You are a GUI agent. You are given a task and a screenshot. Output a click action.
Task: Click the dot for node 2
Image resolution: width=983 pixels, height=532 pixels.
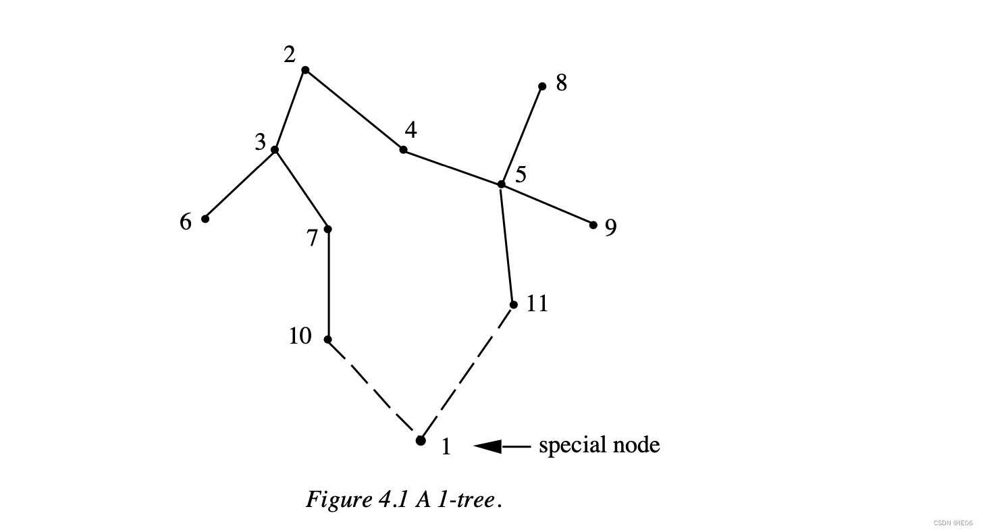(x=305, y=70)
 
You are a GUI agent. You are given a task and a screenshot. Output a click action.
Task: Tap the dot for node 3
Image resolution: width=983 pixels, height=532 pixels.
(x=275, y=149)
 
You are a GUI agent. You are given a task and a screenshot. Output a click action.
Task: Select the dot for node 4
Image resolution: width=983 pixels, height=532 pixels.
(x=403, y=149)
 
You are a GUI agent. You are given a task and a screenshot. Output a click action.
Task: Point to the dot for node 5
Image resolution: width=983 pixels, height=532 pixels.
(x=501, y=184)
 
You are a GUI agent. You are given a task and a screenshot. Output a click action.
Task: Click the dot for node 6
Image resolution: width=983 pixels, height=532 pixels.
(x=205, y=219)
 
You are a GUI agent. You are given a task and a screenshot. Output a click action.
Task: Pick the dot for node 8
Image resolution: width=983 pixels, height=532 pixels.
(x=542, y=86)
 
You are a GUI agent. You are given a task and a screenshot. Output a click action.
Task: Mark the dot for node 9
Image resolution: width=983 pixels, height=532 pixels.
(x=593, y=225)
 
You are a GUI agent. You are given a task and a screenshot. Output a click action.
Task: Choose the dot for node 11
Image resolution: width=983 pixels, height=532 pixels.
(x=513, y=304)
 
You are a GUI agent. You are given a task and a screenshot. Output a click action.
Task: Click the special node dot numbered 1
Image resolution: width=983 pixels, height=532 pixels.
(x=421, y=441)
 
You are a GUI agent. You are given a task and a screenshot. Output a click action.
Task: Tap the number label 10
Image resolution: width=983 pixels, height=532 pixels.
(x=300, y=336)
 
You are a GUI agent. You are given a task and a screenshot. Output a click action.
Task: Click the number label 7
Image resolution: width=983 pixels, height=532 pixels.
(x=312, y=238)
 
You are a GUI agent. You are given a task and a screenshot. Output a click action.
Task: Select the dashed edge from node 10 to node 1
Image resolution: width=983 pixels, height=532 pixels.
(x=373, y=389)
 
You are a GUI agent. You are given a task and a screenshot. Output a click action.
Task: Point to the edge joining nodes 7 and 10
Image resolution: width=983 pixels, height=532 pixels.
(x=328, y=284)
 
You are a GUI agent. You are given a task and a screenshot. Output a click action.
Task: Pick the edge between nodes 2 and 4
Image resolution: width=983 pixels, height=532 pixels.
(x=354, y=109)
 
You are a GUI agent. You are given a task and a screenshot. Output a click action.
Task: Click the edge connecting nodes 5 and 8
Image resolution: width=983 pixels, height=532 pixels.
(x=522, y=135)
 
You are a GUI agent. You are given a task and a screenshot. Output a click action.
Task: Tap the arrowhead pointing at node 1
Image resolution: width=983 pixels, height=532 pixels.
(x=487, y=446)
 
